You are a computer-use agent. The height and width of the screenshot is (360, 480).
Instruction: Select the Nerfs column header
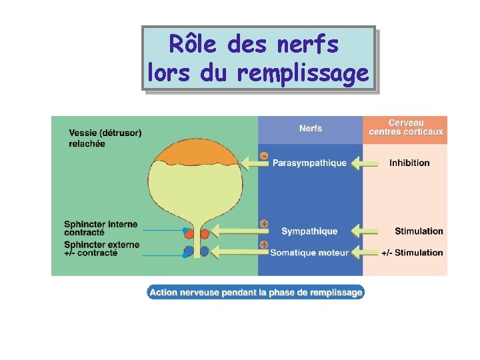pos(311,128)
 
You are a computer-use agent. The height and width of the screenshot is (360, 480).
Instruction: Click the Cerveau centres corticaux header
pos(406,127)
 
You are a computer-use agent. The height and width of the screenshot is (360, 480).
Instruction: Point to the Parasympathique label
pos(309,163)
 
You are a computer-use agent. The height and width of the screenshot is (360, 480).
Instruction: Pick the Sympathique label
pos(309,231)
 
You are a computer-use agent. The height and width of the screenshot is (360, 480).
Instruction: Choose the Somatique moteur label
pos(309,253)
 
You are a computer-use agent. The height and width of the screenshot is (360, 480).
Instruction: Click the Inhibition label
pos(409,163)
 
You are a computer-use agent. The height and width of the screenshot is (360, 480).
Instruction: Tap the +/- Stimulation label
pos(412,253)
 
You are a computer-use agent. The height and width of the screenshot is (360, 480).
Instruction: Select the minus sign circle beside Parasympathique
pos(264,156)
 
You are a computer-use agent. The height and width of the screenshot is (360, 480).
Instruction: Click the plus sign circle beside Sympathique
pos(264,223)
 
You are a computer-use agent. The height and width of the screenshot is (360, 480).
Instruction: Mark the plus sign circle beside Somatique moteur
pos(264,245)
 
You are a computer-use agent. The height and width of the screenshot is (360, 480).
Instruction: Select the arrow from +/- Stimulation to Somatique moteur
pos(365,253)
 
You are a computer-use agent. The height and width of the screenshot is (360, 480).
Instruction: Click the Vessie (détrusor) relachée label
pos(105,138)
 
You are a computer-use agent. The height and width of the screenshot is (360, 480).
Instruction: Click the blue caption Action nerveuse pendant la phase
pos(256,292)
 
